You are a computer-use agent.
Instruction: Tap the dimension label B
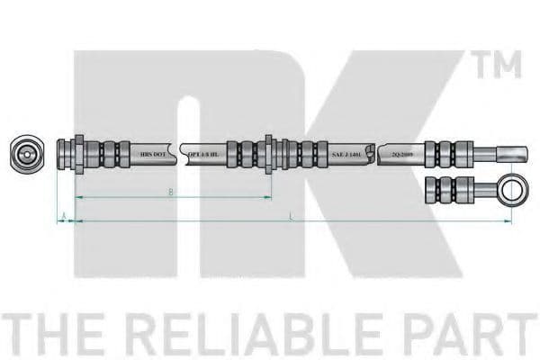[x=171, y=192]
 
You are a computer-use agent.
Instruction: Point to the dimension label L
[x=292, y=215]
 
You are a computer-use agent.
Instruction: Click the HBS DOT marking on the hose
[x=153, y=155]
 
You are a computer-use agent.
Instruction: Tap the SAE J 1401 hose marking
[x=348, y=155]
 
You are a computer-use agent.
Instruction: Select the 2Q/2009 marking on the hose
[x=401, y=155]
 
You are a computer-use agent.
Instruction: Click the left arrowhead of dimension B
[x=77, y=196]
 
